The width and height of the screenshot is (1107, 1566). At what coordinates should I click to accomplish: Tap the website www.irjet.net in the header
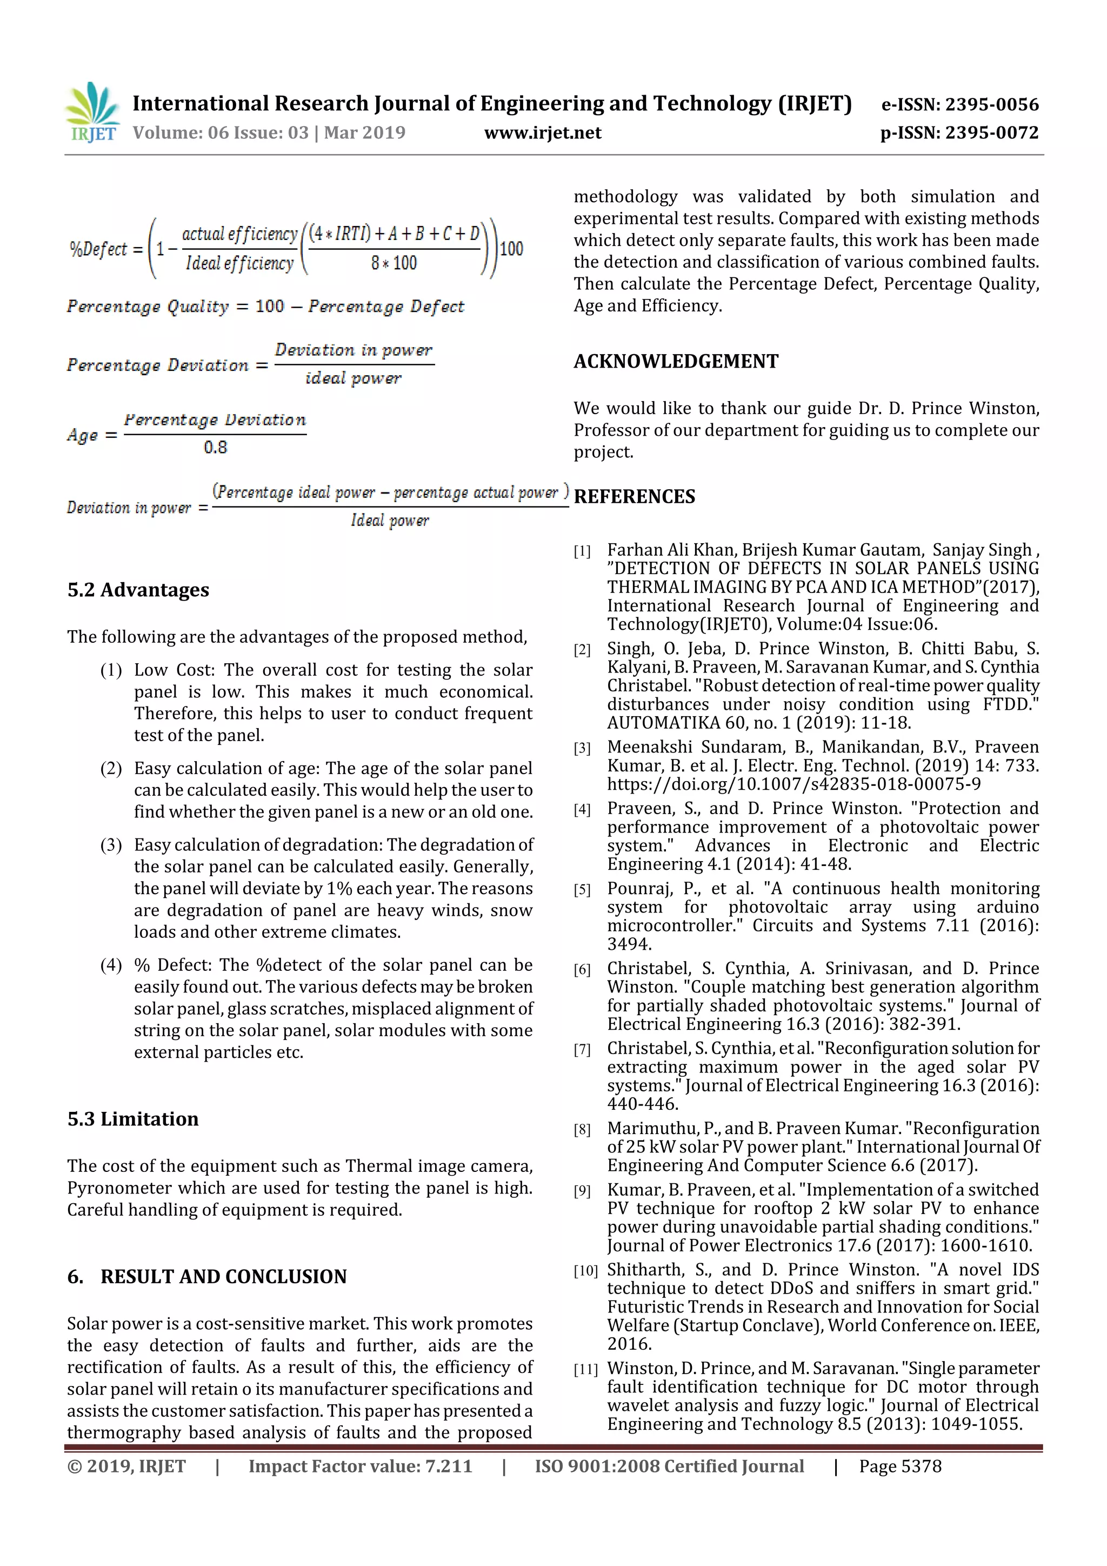click(542, 132)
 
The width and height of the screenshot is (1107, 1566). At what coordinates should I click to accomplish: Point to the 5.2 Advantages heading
click(138, 589)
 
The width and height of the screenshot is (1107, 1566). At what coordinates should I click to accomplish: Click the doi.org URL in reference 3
click(793, 784)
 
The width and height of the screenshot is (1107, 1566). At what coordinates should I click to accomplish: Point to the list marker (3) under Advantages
click(111, 845)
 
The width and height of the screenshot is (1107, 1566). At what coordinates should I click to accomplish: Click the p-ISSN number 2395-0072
click(991, 132)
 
